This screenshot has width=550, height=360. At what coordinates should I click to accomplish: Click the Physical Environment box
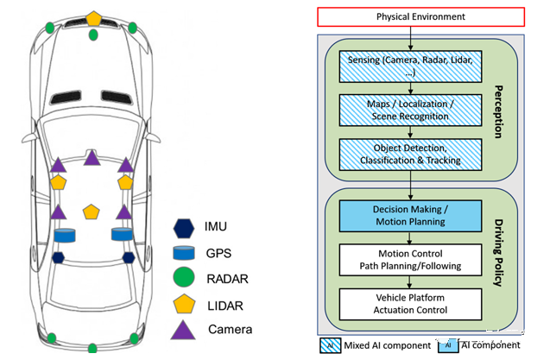409,16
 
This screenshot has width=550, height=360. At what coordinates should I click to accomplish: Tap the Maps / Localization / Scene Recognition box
410,111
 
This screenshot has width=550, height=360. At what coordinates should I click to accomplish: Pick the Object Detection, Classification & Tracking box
410,154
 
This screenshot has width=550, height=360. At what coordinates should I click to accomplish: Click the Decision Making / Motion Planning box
410,215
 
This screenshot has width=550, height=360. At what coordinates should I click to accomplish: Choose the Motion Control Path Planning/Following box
410,259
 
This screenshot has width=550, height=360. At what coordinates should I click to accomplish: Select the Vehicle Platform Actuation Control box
410,303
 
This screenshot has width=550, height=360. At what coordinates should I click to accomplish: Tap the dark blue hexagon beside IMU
183,228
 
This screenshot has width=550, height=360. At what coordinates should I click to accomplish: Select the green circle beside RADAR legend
183,278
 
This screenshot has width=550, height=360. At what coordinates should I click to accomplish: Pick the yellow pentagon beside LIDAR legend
183,304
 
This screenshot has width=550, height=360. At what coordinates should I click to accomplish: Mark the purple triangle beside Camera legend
183,329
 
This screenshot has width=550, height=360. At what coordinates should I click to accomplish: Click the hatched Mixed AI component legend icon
330,344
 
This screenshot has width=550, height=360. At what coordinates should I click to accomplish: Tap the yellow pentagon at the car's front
92,17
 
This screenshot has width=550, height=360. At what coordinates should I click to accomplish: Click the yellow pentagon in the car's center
92,212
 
